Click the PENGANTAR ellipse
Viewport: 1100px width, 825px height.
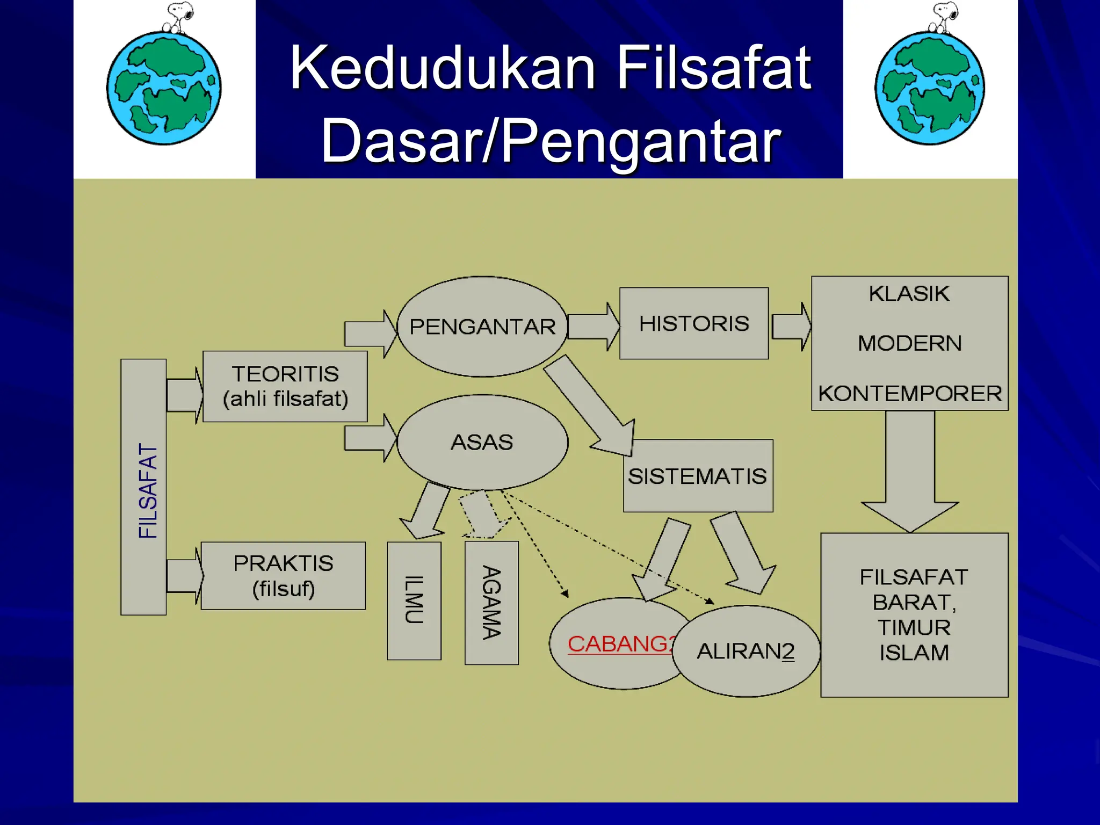coord(482,327)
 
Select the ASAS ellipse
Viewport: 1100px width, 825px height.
coord(482,442)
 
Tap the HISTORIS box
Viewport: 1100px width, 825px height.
coord(694,323)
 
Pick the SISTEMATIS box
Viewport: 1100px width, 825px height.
coord(698,476)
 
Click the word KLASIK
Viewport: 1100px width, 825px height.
coord(909,294)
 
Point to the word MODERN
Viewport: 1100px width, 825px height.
coord(909,343)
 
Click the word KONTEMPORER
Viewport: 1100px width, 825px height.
coord(910,394)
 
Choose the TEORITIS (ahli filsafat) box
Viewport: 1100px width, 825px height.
coord(285,386)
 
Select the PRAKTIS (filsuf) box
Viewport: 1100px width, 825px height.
coord(283,576)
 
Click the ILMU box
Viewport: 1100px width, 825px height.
coord(414,600)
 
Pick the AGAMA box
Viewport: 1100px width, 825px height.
coord(491,603)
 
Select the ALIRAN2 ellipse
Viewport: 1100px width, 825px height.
coord(746,652)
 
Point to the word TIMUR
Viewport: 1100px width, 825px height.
coord(914,627)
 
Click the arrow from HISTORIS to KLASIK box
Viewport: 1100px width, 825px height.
coord(792,326)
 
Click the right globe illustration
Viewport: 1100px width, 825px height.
coord(930,89)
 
